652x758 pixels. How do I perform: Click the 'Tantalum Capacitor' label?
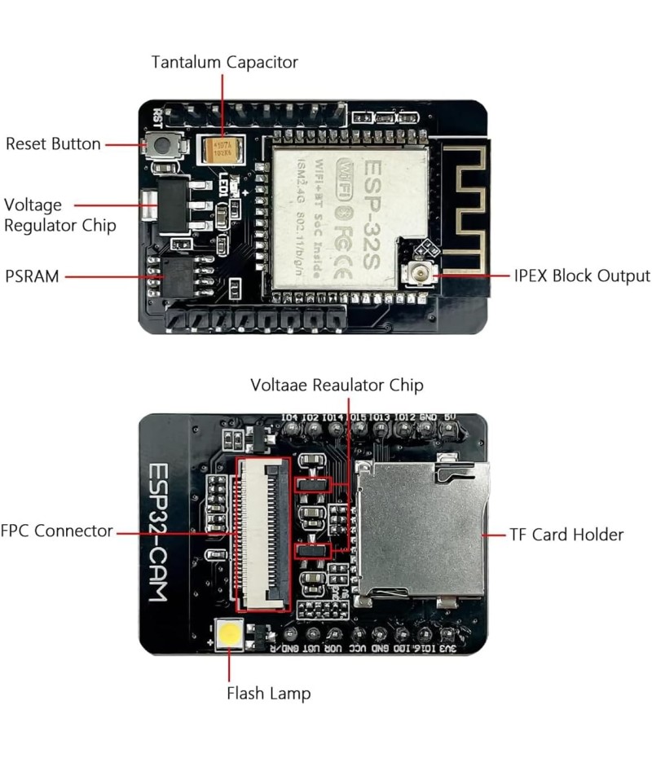pos(225,62)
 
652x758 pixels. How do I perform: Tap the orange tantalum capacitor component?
pos(220,148)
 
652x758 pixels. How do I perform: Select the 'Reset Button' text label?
pos(53,144)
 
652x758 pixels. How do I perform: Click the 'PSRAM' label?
pos(32,276)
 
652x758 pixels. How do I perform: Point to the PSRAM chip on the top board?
pos(174,275)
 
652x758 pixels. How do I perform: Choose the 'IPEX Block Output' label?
pos(582,275)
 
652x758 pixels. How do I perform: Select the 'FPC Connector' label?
pos(57,531)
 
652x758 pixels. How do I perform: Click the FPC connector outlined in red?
pos(263,534)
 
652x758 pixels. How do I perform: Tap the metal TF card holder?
pos(420,530)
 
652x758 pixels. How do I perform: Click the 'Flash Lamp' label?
pos(268,694)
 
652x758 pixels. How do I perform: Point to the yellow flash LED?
pos(230,634)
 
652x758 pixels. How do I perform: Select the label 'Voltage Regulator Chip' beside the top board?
pos(59,214)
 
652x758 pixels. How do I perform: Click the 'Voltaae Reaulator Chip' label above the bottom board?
pos(337,384)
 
